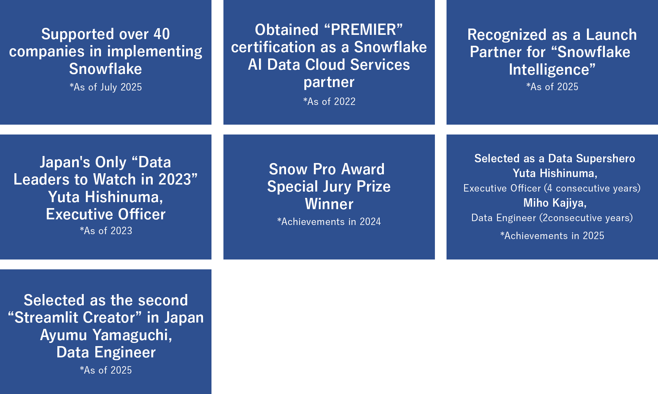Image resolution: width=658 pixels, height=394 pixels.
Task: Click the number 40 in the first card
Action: click(162, 34)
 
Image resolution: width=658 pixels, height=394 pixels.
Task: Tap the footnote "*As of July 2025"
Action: click(106, 87)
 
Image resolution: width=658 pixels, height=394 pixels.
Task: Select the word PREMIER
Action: click(363, 30)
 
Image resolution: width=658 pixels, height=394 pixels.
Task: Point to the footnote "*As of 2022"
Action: click(329, 101)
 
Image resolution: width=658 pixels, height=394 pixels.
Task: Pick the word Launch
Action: click(611, 35)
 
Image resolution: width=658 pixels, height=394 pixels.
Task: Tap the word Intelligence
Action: click(549, 70)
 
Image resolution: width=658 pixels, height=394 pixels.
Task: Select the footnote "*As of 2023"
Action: click(106, 231)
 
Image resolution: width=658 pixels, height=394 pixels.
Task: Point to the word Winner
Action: click(329, 204)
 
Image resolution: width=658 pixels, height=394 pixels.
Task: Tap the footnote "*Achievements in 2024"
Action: click(329, 221)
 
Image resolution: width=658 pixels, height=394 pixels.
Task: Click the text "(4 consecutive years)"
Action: click(592, 188)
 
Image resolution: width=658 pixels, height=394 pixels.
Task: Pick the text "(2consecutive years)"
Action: click(586, 218)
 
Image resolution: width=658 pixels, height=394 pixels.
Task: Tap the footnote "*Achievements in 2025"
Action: click(552, 236)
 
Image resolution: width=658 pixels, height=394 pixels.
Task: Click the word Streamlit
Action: click(75, 318)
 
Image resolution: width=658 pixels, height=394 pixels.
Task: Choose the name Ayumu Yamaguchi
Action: click(106, 335)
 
